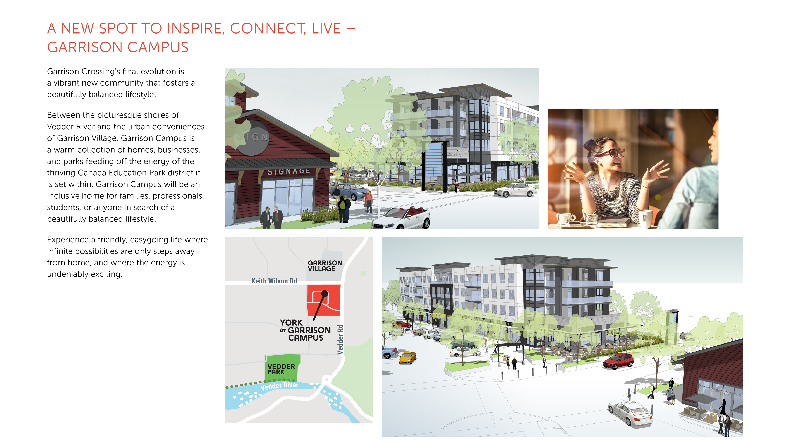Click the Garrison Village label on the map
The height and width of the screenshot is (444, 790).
[x=325, y=266]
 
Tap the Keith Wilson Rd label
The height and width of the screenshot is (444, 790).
[x=274, y=281]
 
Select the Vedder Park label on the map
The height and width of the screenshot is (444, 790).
[x=281, y=369]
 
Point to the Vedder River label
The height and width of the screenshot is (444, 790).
[x=279, y=386]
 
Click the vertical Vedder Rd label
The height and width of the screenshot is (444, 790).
[x=340, y=340]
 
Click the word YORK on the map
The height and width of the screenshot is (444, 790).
[x=291, y=323]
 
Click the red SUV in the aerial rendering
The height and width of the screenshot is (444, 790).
[x=618, y=361]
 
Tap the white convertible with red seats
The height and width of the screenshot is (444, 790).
[x=401, y=219]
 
